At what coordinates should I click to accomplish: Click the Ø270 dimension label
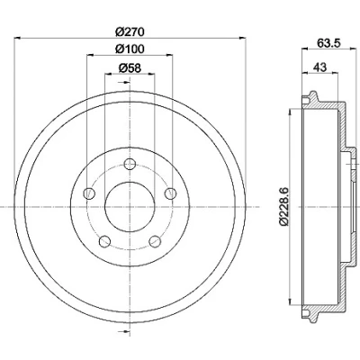[x=130, y=31]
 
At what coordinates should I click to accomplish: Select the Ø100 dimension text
[x=130, y=49]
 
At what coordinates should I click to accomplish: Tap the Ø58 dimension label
[x=130, y=67]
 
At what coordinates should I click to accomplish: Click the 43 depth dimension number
[x=320, y=67]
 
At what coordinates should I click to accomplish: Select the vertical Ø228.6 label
[x=283, y=206]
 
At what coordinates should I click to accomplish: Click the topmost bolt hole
[x=130, y=164]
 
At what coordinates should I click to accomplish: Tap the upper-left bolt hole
[x=89, y=193]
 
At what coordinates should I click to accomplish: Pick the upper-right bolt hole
[x=171, y=193]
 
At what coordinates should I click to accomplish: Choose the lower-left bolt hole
[x=104, y=241]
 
